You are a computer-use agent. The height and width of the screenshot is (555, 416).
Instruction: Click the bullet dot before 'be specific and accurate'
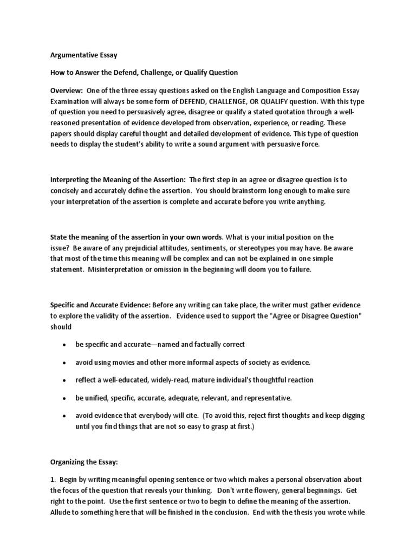[x=64, y=345]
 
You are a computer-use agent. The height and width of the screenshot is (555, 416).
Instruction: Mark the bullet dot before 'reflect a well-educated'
[x=64, y=380]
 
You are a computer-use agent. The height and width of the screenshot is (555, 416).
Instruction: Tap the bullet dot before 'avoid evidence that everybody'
[x=64, y=415]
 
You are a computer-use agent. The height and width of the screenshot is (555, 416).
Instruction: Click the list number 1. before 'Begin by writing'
[x=53, y=480]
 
